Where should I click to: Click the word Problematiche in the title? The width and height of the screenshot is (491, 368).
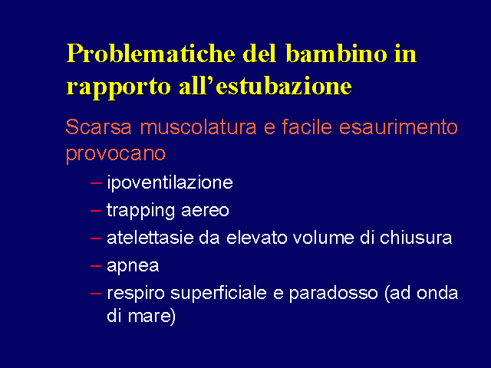click(x=150, y=54)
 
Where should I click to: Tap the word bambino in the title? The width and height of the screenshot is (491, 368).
click(x=337, y=54)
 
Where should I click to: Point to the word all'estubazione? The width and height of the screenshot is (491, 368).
click(x=265, y=85)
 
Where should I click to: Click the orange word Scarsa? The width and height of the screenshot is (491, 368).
click(x=98, y=127)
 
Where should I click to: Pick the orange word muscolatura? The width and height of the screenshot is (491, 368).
click(x=198, y=127)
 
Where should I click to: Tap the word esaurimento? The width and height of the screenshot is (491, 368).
click(x=398, y=127)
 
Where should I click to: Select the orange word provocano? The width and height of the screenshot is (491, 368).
click(x=116, y=154)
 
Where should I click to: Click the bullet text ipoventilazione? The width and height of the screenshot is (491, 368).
click(x=170, y=182)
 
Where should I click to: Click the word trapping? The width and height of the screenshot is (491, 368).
click(x=140, y=210)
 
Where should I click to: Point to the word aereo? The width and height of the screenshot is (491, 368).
click(x=205, y=211)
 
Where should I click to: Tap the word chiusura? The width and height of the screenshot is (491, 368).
click(x=416, y=238)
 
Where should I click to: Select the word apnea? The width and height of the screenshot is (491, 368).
click(x=133, y=266)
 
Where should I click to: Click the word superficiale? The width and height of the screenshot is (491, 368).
click(x=219, y=294)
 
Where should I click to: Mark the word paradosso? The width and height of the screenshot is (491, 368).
click(x=333, y=294)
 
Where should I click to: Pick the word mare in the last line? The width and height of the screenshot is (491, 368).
click(x=152, y=316)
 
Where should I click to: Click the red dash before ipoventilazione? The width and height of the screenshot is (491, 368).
click(x=96, y=183)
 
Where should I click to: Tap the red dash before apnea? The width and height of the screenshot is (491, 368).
click(x=96, y=266)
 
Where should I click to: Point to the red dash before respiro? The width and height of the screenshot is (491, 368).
click(x=96, y=294)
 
